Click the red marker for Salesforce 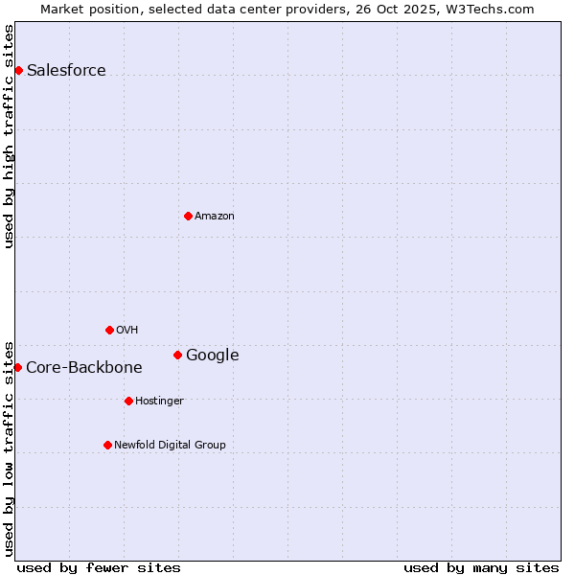click(x=18, y=70)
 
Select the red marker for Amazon click(x=188, y=216)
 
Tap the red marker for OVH click(x=109, y=330)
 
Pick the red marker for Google click(x=177, y=355)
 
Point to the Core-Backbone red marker click(x=17, y=367)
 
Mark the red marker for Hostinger click(x=128, y=401)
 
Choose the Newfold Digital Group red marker click(x=107, y=445)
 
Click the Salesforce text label click(x=66, y=70)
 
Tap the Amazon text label click(x=215, y=216)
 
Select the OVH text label click(x=127, y=330)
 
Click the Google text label click(x=212, y=355)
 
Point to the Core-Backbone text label click(x=84, y=367)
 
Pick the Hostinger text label click(x=159, y=401)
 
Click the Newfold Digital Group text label click(x=170, y=445)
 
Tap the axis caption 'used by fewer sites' click(x=99, y=567)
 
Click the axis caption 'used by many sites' click(x=481, y=567)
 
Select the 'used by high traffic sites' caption click(x=9, y=136)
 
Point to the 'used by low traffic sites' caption click(x=9, y=448)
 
